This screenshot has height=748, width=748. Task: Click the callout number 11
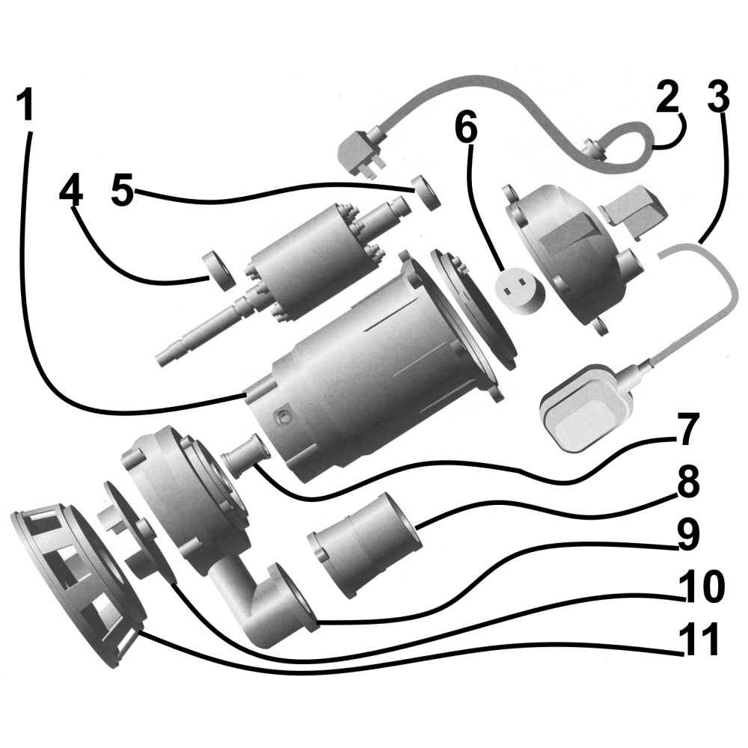click(x=700, y=640)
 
